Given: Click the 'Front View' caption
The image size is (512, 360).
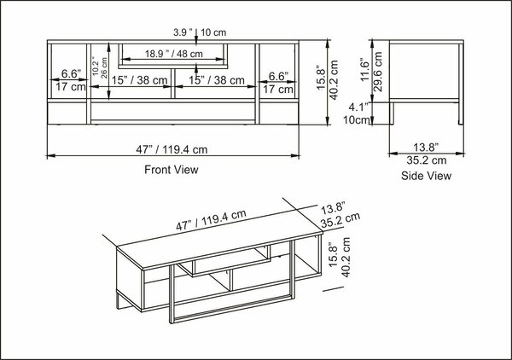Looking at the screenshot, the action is (x=172, y=170).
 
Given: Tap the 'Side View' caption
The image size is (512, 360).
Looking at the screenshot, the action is (x=426, y=176).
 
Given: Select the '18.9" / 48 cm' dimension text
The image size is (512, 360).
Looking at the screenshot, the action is (x=174, y=54).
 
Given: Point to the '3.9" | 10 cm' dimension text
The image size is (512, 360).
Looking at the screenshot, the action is (x=200, y=32).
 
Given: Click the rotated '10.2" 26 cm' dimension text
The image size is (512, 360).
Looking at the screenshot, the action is (x=100, y=67).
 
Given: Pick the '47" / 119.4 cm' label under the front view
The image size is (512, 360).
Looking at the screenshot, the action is (x=172, y=149).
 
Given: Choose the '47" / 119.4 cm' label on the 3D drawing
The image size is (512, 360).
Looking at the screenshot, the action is (x=211, y=220).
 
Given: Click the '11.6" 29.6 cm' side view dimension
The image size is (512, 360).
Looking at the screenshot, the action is (x=371, y=71).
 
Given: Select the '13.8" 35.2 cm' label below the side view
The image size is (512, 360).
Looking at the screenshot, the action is (x=426, y=154).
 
